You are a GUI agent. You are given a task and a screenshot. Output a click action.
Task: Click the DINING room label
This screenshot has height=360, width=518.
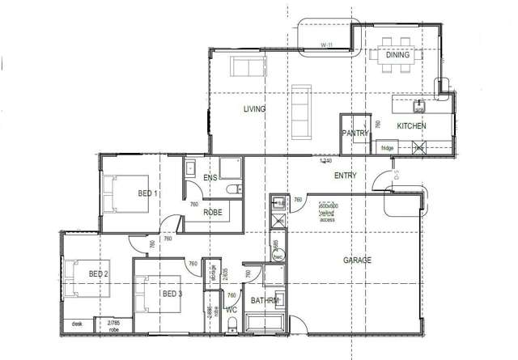397,56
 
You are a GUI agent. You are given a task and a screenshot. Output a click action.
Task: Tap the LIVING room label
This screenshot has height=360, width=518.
256,108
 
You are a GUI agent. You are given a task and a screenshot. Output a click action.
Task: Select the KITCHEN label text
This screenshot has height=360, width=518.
411,126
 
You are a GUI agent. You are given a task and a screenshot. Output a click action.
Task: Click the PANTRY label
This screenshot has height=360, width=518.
355,133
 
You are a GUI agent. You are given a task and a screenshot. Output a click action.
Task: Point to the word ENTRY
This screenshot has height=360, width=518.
346,176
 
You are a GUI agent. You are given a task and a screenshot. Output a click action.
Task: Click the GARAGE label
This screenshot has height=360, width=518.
357,260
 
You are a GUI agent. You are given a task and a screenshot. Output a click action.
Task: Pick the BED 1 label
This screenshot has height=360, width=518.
147,193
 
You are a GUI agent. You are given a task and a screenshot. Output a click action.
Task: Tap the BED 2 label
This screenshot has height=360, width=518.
99,274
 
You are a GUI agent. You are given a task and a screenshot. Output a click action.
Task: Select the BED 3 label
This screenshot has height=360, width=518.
171,293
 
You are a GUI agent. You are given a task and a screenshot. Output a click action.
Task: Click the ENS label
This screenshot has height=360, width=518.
210,178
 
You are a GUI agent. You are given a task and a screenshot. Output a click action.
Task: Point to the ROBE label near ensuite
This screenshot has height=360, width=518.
213,212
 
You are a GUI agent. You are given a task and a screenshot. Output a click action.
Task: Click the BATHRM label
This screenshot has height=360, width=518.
265,301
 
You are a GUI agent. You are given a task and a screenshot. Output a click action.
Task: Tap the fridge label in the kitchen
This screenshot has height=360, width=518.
387,147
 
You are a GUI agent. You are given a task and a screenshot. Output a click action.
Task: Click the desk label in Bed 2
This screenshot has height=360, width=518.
78,324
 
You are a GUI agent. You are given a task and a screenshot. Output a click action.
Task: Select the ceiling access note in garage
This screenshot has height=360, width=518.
327,214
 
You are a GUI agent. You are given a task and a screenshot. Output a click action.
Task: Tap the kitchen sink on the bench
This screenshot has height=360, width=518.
419,105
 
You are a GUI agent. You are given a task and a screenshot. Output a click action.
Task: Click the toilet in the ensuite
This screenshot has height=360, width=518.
233,190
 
